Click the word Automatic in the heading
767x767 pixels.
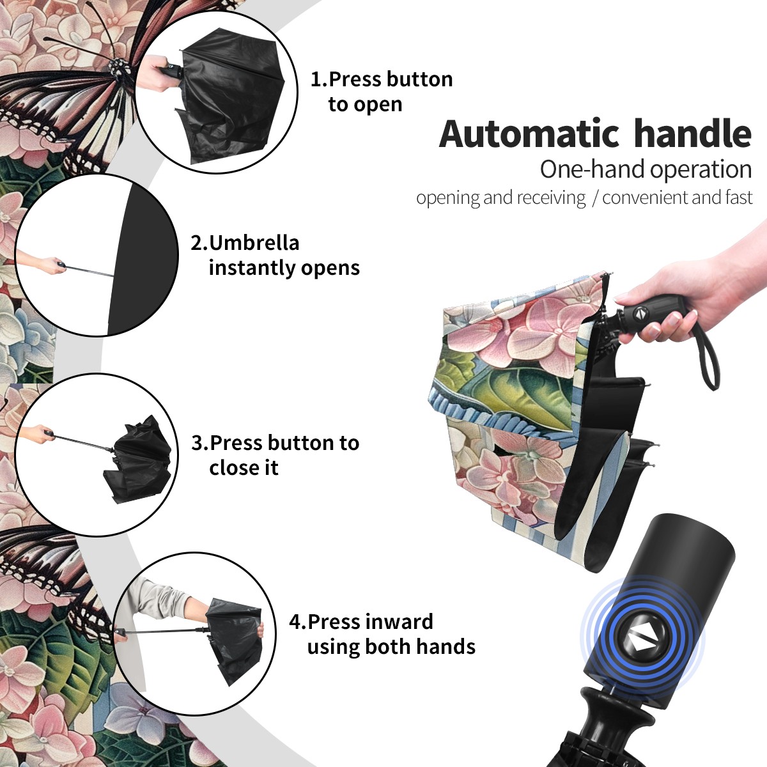529,134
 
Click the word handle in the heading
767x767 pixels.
693,134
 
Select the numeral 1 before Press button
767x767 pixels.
316,79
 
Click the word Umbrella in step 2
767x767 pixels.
254,243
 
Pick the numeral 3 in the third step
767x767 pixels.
197,443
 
